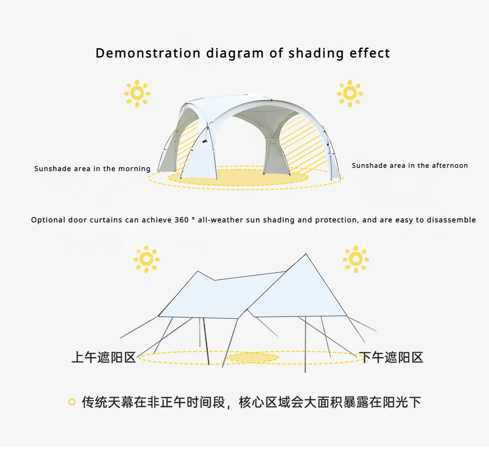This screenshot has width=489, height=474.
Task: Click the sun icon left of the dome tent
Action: (137, 93)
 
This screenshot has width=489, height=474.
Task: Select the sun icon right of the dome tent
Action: (350, 93)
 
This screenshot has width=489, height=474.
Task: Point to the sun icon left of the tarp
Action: (147, 259)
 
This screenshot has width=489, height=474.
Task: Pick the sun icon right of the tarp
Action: (356, 259)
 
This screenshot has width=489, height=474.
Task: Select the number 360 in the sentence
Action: (181, 220)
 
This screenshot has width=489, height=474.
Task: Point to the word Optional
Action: (48, 220)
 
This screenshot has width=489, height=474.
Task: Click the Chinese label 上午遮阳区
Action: (104, 357)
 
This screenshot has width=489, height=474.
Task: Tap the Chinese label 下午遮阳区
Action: (391, 357)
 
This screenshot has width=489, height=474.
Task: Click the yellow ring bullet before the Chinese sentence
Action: (72, 402)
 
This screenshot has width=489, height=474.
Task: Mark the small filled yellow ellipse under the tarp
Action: (253, 358)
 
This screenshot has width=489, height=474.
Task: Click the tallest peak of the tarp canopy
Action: (306, 255)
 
